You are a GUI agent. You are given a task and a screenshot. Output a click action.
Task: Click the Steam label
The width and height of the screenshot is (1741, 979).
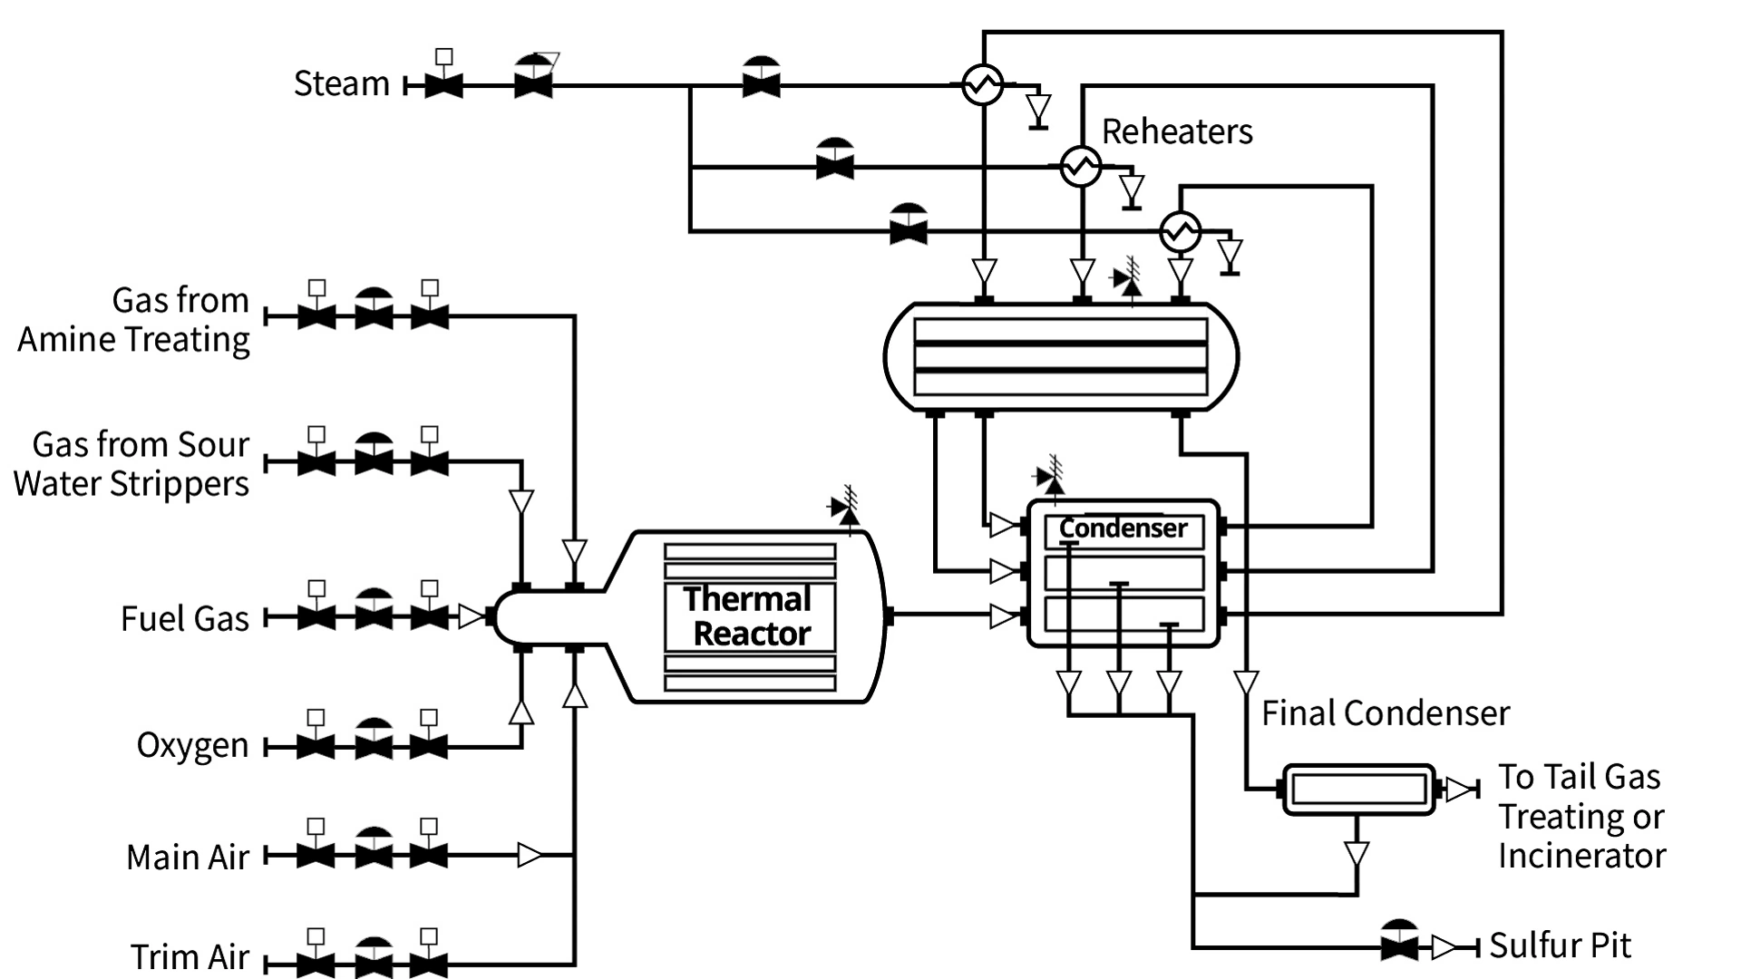[341, 83]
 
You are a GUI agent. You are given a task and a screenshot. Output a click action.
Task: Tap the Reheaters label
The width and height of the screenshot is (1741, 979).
[1177, 131]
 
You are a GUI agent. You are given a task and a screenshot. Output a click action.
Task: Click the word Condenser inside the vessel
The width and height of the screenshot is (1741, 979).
[1123, 528]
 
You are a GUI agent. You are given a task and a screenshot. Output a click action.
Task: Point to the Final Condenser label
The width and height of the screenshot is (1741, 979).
[1386, 713]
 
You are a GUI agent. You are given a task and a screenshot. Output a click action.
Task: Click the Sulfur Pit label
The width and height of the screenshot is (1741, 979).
[1560, 945]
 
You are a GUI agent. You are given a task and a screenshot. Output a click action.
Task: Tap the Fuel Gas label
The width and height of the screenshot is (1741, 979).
[185, 618]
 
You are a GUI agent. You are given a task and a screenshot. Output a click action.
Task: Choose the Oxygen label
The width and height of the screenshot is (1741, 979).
[192, 745]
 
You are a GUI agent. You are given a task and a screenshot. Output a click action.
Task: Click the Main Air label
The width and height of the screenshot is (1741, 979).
[188, 857]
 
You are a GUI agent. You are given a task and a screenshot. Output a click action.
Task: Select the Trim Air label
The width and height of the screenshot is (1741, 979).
[190, 956]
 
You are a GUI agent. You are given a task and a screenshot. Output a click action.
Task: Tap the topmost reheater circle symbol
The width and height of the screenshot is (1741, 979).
[982, 85]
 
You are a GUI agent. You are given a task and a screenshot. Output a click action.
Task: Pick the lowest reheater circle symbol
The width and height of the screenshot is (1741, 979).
[1181, 232]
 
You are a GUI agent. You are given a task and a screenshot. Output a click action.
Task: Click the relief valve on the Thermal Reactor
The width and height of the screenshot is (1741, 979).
[846, 510]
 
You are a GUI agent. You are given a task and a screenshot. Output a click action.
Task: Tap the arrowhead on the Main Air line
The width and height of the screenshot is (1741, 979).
[530, 855]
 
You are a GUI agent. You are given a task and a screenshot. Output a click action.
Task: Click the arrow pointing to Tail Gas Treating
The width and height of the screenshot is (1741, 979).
[1459, 790]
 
